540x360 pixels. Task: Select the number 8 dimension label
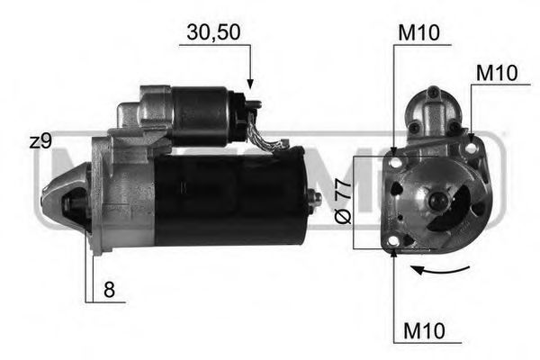click(x=108, y=290)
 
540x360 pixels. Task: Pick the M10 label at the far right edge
click(x=496, y=73)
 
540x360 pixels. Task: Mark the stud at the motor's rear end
click(x=314, y=199)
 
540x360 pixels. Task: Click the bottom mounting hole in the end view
click(x=395, y=241)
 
